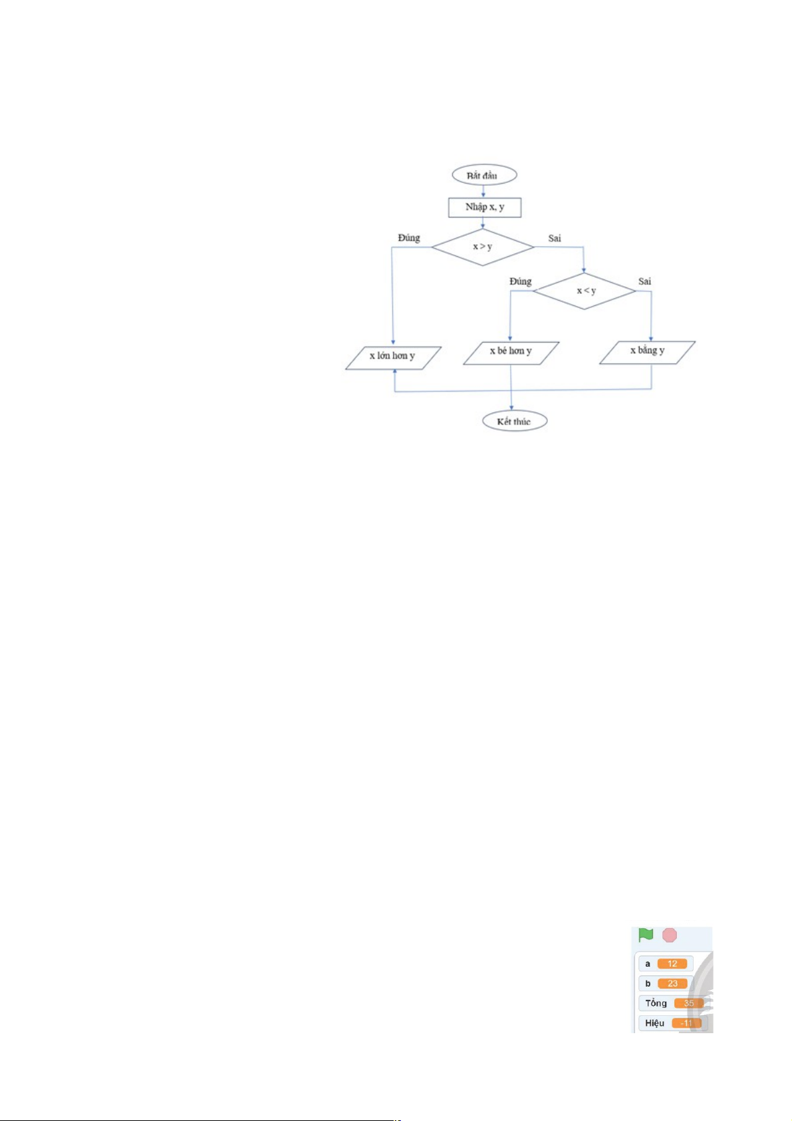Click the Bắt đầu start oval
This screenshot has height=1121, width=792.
484,175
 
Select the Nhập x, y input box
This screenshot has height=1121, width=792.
484,207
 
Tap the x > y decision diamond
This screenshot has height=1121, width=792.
483,247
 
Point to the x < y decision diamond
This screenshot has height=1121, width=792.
584,291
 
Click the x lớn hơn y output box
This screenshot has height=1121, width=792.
393,358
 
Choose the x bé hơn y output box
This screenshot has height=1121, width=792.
511,353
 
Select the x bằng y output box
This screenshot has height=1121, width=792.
648,353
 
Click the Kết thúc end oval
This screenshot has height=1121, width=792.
514,421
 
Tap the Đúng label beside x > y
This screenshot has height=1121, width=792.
409,238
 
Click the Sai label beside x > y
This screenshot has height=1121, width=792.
555,238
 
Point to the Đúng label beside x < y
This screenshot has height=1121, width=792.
520,281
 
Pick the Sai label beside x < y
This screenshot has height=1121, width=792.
644,281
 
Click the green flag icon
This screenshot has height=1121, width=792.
646,935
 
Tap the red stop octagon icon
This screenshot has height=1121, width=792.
670,935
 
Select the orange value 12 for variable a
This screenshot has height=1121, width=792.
672,963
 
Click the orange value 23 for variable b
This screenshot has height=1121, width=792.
672,983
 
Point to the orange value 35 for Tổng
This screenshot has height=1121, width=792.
688,1003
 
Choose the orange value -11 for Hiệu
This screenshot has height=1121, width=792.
686,1023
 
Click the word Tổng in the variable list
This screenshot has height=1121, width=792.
656,1003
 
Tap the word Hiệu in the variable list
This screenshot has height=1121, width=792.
654,1023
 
